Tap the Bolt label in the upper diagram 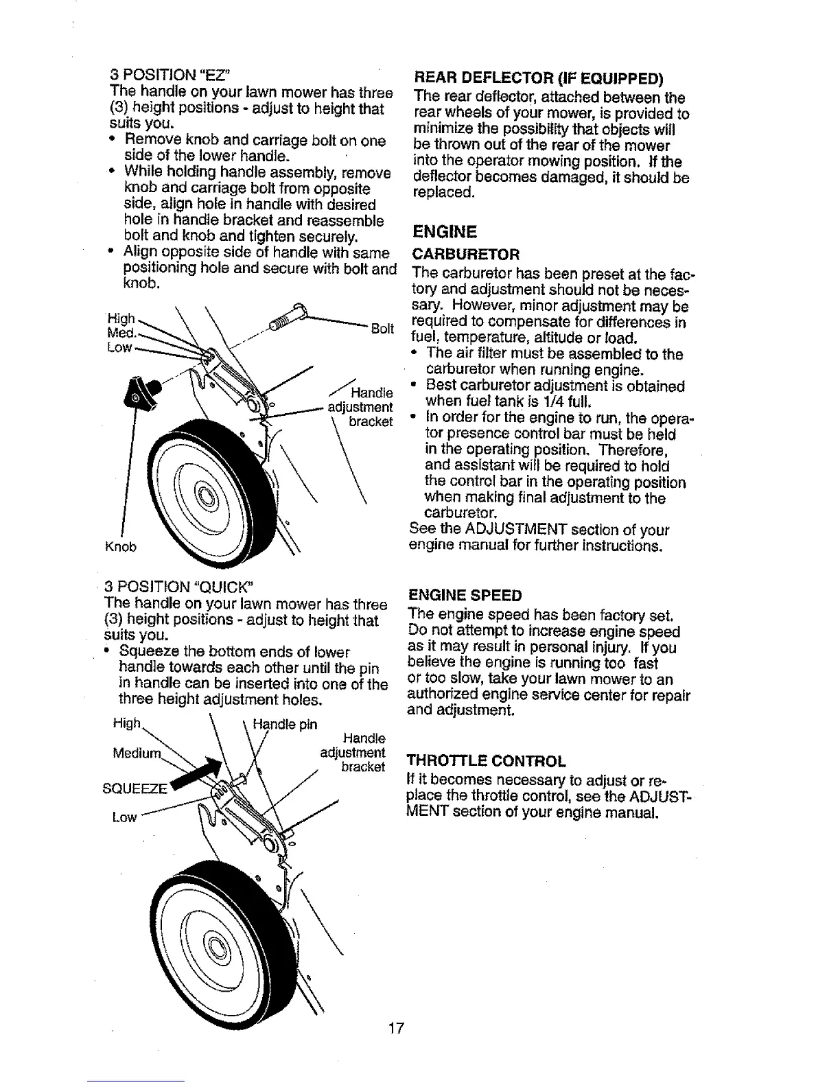pos(382,329)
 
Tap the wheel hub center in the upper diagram pos(205,493)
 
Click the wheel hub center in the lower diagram pos(219,950)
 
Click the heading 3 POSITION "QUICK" pos(180,587)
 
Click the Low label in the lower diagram pos(125,817)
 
